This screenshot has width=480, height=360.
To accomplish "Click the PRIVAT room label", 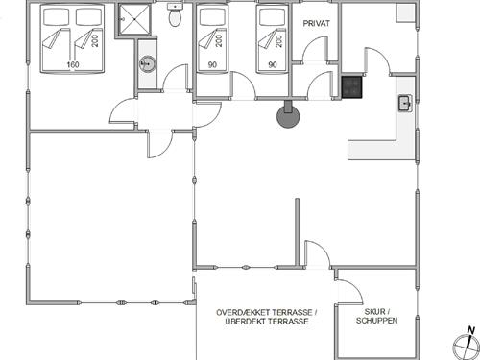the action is [x=316, y=23].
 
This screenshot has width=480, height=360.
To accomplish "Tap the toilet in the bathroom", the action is [x=175, y=15].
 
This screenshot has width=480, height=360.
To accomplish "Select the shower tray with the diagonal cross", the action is [x=134, y=19].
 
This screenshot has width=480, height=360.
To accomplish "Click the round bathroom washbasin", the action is [x=148, y=63].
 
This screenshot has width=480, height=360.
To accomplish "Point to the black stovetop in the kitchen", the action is [x=352, y=86].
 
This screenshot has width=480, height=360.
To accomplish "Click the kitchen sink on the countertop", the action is [x=405, y=104].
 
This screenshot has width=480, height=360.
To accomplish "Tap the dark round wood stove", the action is [x=288, y=116].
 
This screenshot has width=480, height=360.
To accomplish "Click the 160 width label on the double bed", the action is [x=73, y=64].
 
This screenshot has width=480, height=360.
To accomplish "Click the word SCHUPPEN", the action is [x=376, y=321].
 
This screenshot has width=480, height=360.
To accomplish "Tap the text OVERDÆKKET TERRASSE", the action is [x=264, y=312].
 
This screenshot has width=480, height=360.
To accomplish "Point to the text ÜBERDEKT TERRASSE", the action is [x=267, y=322].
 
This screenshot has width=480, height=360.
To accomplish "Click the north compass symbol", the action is [x=467, y=347].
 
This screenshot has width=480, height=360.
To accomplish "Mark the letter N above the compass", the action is [x=470, y=330].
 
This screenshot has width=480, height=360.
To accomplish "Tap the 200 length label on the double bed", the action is [x=95, y=40].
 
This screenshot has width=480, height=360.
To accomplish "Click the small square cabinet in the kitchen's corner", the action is [x=406, y=12].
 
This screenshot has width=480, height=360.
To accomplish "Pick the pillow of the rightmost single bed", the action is [x=272, y=17].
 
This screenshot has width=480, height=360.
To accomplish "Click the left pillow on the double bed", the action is [x=57, y=17].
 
